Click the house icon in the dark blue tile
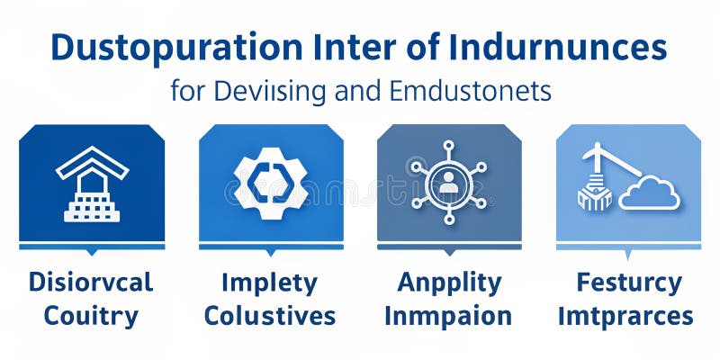92,184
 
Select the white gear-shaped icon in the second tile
271,184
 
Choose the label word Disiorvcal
91,283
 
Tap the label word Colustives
270,316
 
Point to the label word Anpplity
449,283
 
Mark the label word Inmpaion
448,316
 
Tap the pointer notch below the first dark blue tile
91,253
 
